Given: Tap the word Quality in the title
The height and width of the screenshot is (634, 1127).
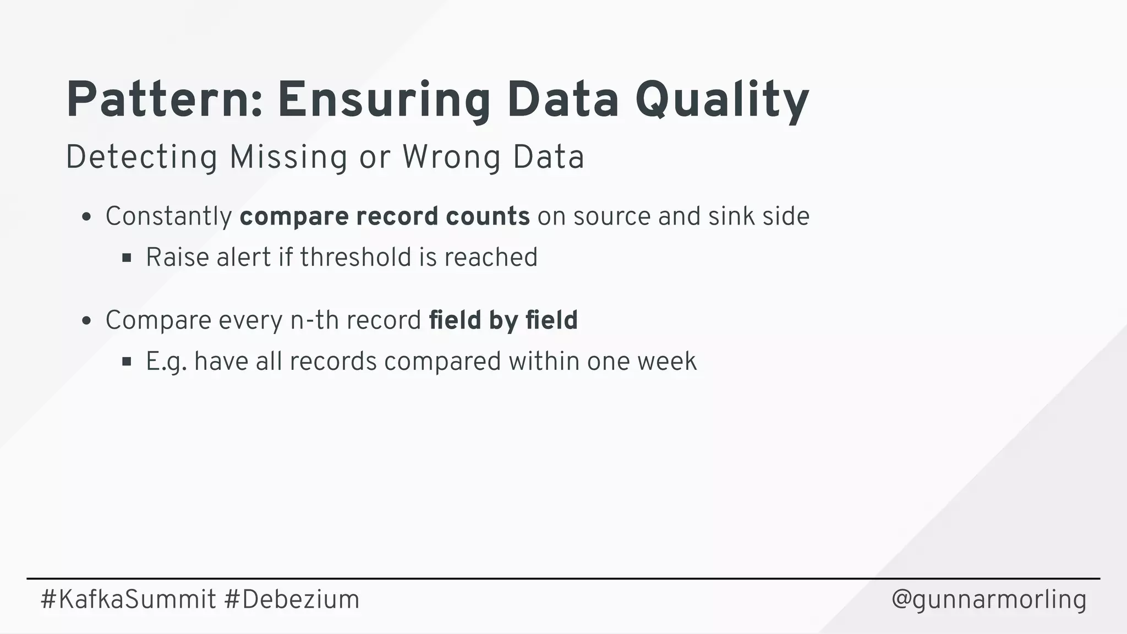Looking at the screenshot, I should [x=721, y=100].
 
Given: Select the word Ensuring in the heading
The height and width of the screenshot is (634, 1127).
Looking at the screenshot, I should [x=384, y=100].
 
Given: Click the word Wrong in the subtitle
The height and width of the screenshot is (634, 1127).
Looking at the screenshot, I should [x=451, y=157].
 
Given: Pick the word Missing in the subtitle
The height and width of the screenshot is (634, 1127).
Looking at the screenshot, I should [x=288, y=157].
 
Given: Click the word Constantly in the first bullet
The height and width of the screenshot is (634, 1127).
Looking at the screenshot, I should [x=169, y=216].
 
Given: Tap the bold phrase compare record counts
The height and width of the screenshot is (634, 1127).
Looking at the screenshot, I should [x=385, y=216].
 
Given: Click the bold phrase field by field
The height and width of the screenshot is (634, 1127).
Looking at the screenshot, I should [x=503, y=320].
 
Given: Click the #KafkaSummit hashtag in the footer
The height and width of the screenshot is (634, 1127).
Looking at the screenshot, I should [x=128, y=599].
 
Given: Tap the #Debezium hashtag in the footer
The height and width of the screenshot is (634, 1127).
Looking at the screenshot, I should [x=292, y=599].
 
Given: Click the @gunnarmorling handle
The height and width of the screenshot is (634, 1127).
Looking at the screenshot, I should [x=989, y=599].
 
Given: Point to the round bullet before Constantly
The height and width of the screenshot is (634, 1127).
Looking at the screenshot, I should [x=86, y=217].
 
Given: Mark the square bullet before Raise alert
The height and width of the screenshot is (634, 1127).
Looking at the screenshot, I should [x=127, y=258].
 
